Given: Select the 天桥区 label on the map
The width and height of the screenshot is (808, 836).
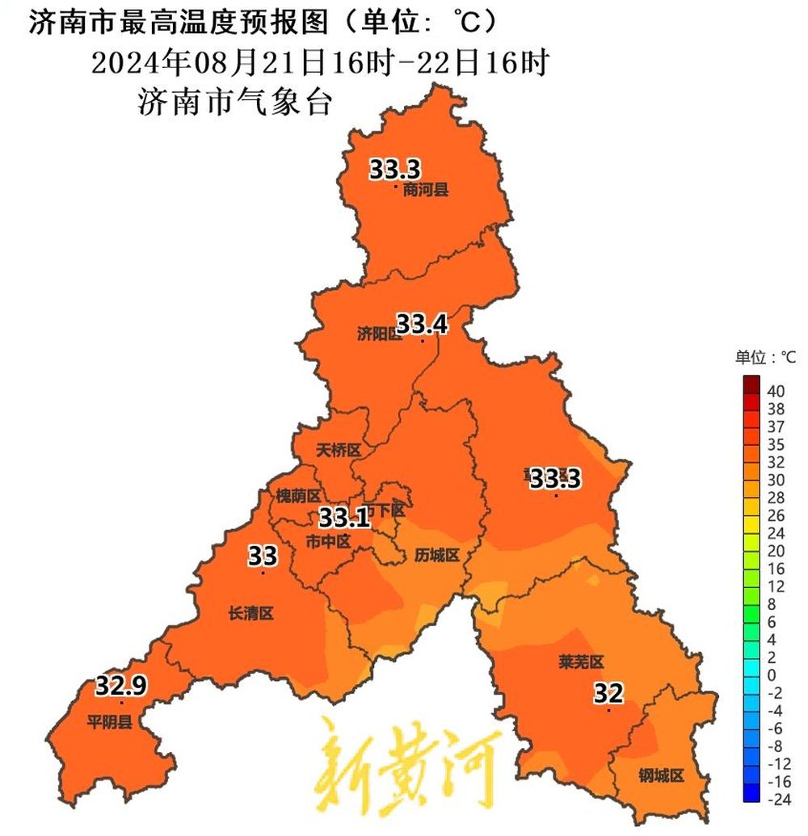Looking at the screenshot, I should coord(339,450).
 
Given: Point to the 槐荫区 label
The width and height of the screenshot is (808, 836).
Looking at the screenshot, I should coord(298,495).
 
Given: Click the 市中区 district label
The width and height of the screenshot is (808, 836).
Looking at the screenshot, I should coord(328,541).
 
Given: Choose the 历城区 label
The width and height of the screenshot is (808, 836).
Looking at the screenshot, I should coord(437,555).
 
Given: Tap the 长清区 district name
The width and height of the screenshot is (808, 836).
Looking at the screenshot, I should coord(251,614).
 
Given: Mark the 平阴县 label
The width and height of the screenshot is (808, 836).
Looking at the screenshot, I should coord(110,721).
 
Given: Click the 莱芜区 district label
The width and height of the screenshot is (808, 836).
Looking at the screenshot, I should coord(581,662).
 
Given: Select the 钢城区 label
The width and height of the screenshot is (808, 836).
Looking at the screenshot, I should coord(661,776).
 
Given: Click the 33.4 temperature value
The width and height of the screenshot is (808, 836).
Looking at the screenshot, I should coord(421,324).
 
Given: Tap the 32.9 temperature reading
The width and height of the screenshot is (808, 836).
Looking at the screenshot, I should coord(121,687).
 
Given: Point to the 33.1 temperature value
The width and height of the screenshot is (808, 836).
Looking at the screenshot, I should coord(344,517).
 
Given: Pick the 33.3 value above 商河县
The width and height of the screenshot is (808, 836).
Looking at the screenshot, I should coord(395,170).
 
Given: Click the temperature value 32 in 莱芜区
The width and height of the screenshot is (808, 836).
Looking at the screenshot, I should coord(608,693).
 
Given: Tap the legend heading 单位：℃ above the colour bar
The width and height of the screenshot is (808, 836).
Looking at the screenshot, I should coord(764,356).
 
